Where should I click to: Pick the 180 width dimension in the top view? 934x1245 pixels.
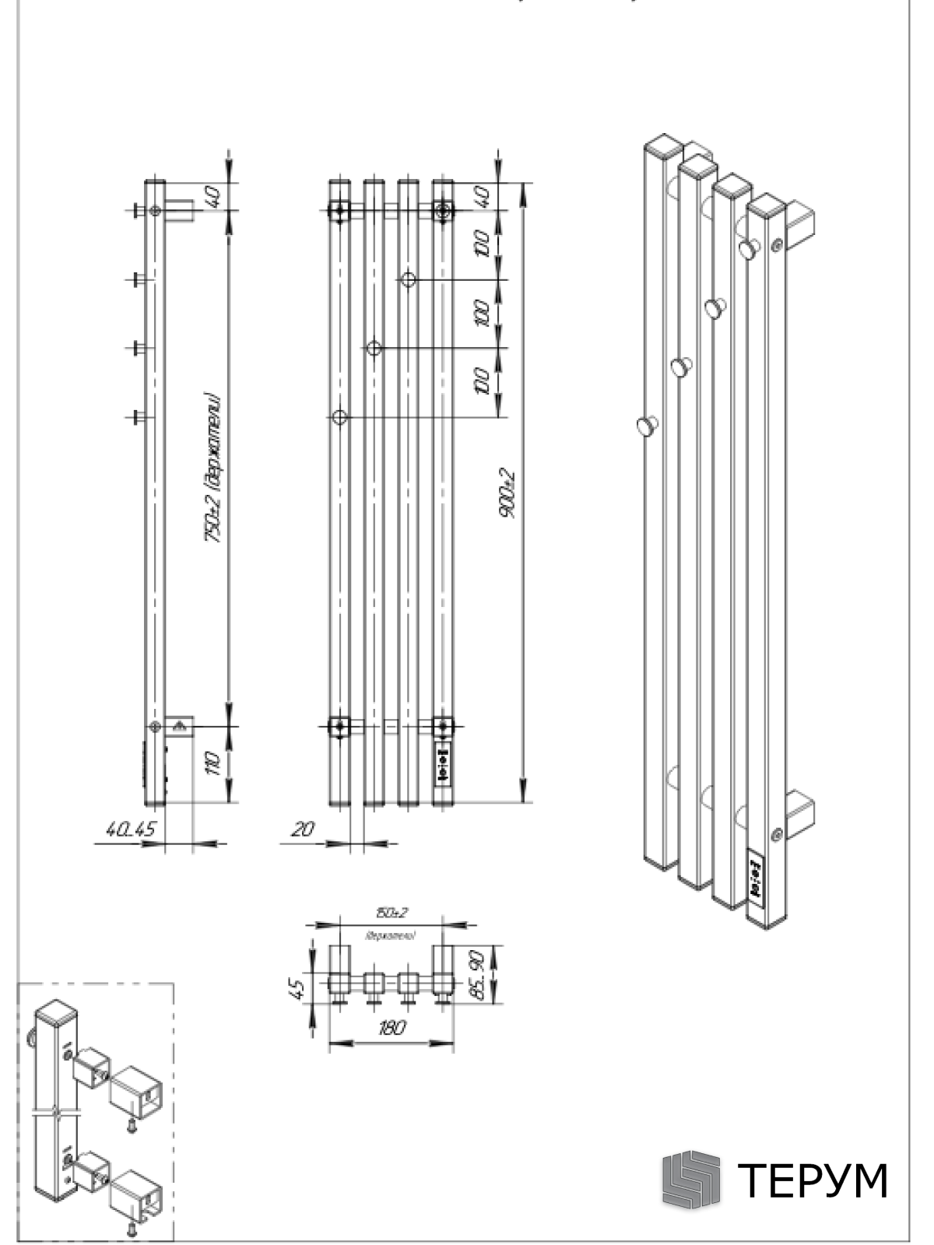tap(392, 1028)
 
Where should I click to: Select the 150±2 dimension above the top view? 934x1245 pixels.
tap(392, 913)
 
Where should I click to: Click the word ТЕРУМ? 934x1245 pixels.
tap(812, 1180)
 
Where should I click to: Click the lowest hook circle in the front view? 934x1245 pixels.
tap(339, 418)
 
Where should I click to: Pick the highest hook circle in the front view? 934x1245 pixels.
tap(409, 279)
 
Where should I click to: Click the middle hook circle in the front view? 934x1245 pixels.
tap(374, 348)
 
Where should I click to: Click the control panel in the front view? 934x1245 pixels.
tap(443, 765)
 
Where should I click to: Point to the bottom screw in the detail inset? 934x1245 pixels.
tap(132, 1227)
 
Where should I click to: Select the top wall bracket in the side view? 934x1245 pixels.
tap(180, 210)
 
